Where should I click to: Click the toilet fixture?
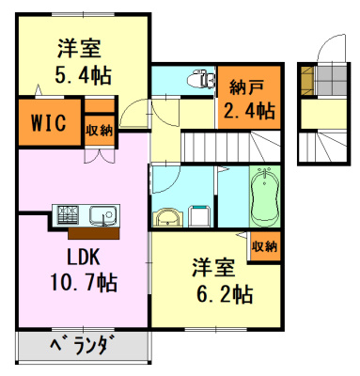201,79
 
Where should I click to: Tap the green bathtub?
265,196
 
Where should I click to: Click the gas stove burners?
67,214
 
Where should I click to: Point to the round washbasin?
167,216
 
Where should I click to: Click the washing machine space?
200,215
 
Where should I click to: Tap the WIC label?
49,122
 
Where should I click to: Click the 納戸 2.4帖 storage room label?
249,99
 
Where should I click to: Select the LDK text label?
83,258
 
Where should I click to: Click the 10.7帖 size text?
84,282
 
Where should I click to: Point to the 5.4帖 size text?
83,75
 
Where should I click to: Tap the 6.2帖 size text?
225,294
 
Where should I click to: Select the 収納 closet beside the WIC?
100,130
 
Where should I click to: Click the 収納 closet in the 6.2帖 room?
265,246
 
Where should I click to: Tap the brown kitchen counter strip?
94,233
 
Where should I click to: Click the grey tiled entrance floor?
330,80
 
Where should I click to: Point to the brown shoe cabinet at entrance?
306,80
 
